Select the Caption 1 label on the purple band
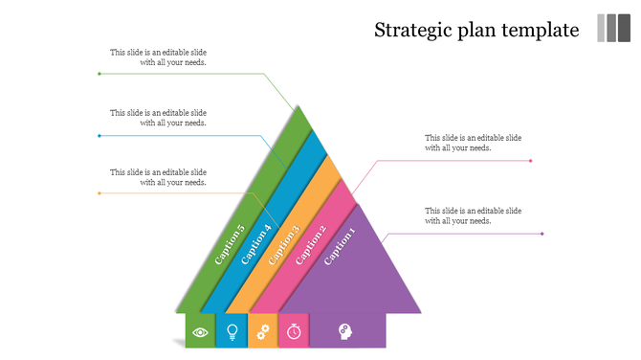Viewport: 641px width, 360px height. point(340,247)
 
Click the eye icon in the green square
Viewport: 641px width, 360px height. point(201,332)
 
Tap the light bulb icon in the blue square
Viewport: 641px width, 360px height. point(232,332)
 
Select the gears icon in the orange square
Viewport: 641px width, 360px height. point(263,332)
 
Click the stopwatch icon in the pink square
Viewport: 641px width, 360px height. point(295,332)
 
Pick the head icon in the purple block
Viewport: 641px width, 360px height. point(344,331)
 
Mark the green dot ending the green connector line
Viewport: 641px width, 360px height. point(99,73)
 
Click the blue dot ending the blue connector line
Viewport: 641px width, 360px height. point(99,135)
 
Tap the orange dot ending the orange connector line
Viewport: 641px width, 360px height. point(99,193)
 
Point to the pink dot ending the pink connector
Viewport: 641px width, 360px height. point(531,161)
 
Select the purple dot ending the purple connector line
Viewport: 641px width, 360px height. point(542,234)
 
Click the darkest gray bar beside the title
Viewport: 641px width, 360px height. point(624,28)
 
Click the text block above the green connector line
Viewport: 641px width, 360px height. point(158,57)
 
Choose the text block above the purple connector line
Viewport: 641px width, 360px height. point(473,215)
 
